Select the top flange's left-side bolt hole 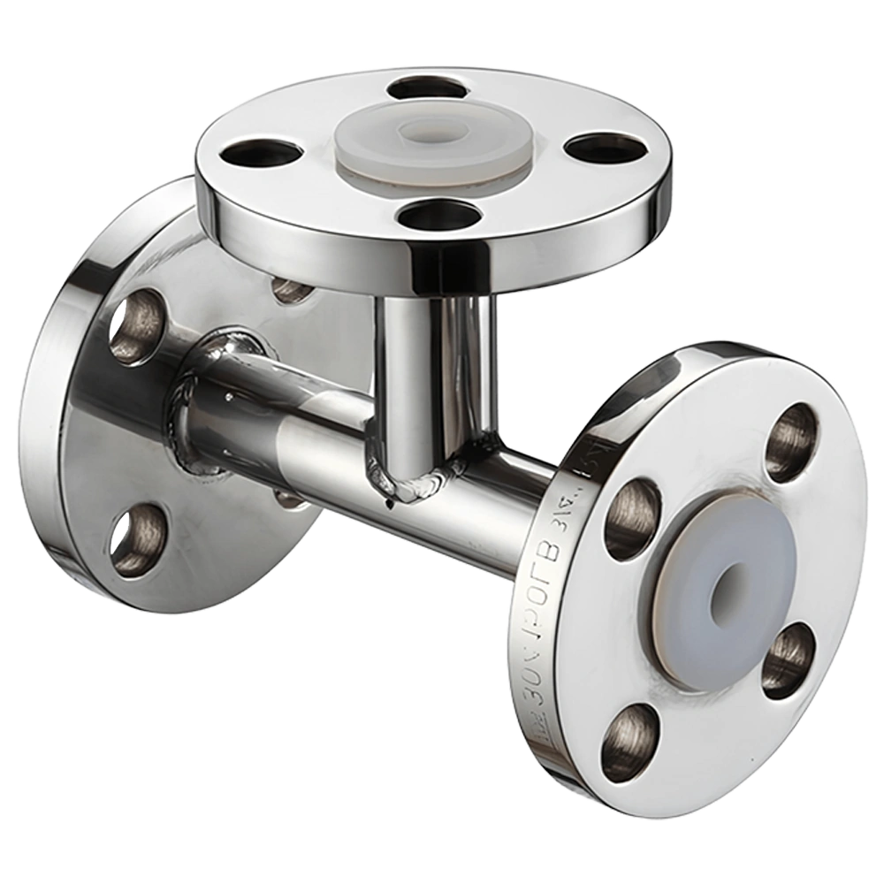tap(261, 154)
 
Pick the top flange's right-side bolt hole tap(605, 149)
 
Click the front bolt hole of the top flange tap(439, 215)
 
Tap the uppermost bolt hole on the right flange tap(791, 442)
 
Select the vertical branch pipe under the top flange tap(433, 371)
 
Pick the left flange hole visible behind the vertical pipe tap(292, 288)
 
